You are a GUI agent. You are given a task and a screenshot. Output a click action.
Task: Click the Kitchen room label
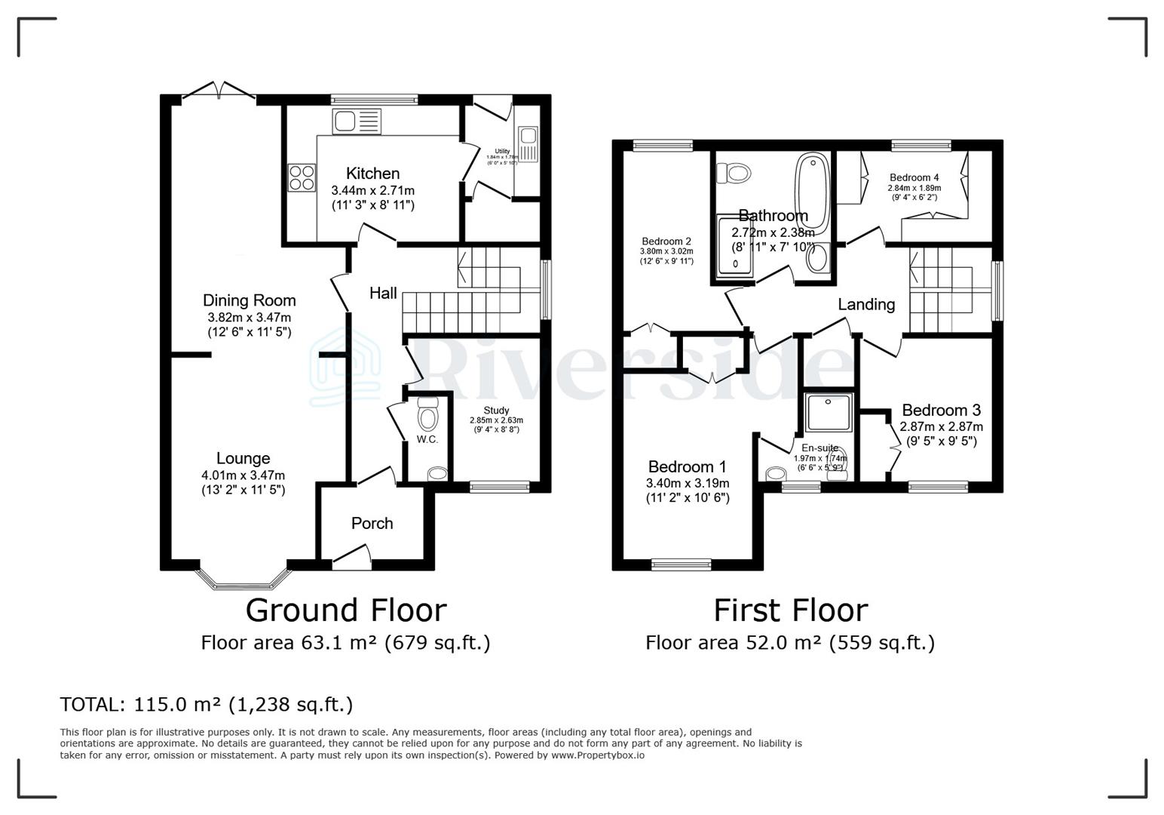[372, 174]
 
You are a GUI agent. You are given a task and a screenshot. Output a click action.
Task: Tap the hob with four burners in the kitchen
[302, 177]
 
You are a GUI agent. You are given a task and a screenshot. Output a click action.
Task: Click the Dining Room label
[249, 300]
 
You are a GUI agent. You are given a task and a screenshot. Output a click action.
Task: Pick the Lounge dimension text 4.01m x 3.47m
[243, 475]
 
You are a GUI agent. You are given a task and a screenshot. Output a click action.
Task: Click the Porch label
[372, 524]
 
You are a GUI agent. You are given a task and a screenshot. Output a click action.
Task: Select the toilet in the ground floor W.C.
[427, 417]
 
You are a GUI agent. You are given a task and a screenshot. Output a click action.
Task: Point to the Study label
[496, 411]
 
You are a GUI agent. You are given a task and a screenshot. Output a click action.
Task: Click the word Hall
[383, 293]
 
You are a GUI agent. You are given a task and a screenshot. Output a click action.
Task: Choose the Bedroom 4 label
[914, 178]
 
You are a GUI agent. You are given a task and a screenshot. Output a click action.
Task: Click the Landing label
[866, 304]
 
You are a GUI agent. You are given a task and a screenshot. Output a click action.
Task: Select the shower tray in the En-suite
[829, 414]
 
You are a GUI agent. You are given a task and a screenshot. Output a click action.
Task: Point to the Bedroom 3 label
[941, 411]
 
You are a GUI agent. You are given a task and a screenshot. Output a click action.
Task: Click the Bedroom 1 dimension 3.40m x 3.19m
[688, 483]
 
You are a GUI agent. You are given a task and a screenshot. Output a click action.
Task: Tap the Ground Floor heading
[345, 610]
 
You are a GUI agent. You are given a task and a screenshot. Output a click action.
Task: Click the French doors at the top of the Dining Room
[219, 91]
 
